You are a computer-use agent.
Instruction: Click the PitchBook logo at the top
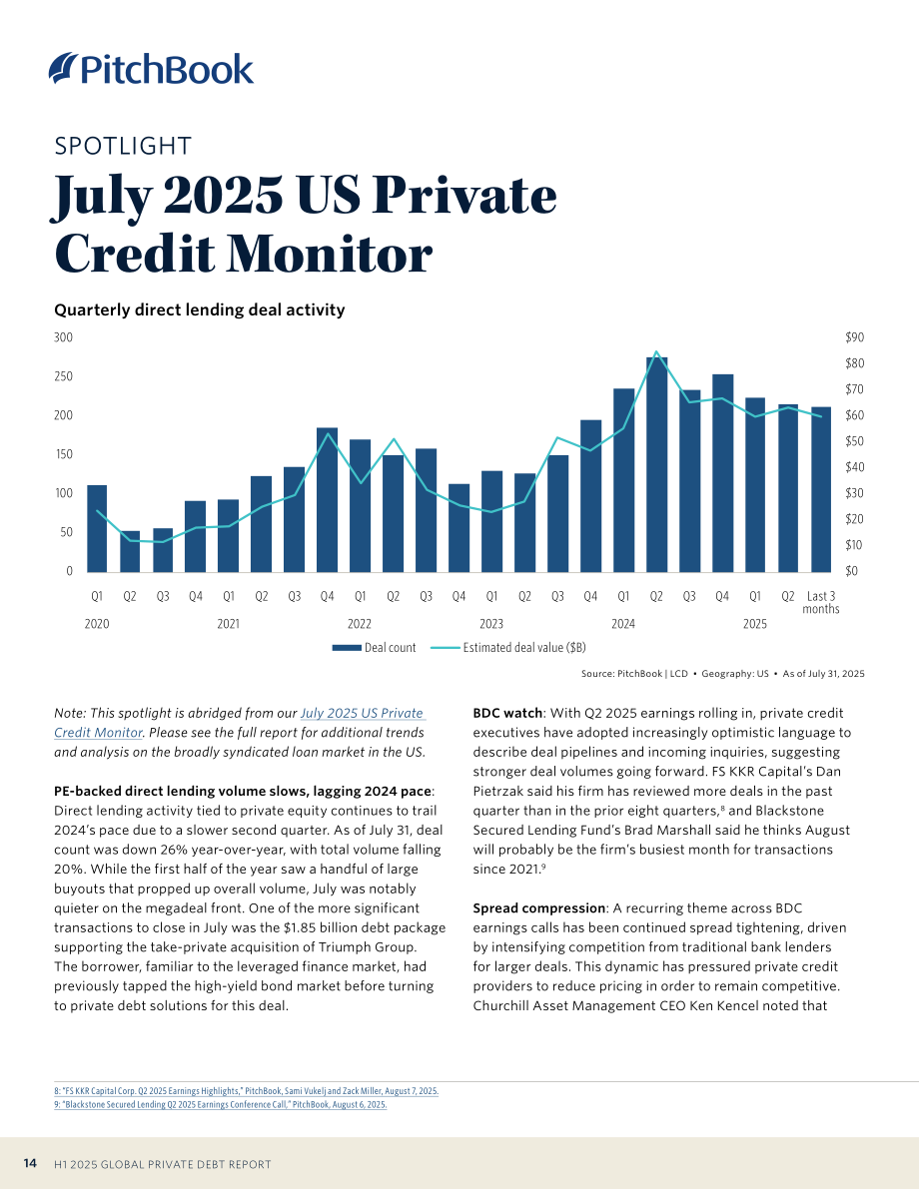pyautogui.click(x=151, y=68)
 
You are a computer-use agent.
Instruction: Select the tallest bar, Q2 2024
pyautogui.click(x=656, y=465)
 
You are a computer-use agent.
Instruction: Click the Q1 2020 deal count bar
pyautogui.click(x=97, y=528)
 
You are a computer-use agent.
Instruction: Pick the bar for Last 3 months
pyautogui.click(x=821, y=490)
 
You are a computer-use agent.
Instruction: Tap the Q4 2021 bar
pyautogui.click(x=327, y=500)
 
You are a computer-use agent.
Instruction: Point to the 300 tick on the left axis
pyautogui.click(x=63, y=337)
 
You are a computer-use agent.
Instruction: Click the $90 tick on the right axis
pyautogui.click(x=854, y=337)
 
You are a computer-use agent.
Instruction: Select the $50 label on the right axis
pyautogui.click(x=854, y=441)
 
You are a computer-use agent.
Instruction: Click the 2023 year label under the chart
pyautogui.click(x=491, y=624)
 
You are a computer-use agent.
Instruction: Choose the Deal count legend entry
pyautogui.click(x=375, y=648)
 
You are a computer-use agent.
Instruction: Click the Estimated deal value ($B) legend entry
pyautogui.click(x=507, y=648)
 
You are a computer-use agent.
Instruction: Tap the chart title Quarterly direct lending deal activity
pyautogui.click(x=200, y=310)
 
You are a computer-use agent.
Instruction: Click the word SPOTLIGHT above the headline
pyautogui.click(x=123, y=146)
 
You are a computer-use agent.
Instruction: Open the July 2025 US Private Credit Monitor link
pyautogui.click(x=239, y=723)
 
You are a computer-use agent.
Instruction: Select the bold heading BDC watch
pyautogui.click(x=507, y=713)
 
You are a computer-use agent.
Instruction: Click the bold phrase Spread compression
pyautogui.click(x=538, y=908)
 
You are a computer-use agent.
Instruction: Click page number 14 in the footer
pyautogui.click(x=30, y=1163)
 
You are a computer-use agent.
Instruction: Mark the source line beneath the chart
pyautogui.click(x=722, y=673)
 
